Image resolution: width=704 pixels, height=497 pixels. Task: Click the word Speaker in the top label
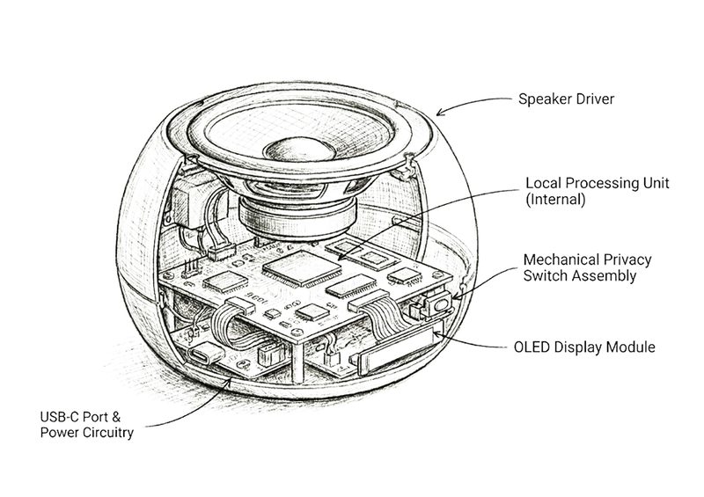coord(544,99)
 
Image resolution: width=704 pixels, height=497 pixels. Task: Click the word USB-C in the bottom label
coord(59,416)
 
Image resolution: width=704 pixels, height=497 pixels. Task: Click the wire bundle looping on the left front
coord(228,325)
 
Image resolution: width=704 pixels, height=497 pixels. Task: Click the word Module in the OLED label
coord(632,347)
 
